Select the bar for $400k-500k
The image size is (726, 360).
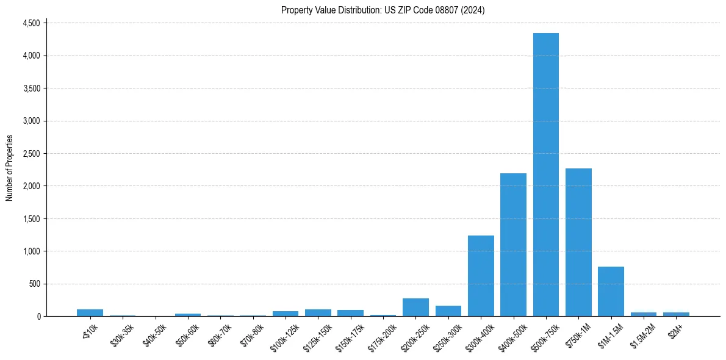coord(513,245)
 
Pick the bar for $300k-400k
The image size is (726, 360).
coord(481,276)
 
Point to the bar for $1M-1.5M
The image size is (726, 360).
coord(611,292)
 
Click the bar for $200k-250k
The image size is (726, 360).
coord(415,308)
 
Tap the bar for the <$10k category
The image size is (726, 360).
coord(90,313)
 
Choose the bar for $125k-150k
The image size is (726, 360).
coord(318,313)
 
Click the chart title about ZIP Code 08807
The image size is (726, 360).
coord(383,10)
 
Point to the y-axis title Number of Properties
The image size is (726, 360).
coord(10,168)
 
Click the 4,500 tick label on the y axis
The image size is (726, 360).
coord(31,23)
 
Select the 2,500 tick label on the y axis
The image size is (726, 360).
coord(31,154)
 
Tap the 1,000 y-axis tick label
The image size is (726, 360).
coord(31,251)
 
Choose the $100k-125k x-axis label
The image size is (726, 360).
coord(285,337)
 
